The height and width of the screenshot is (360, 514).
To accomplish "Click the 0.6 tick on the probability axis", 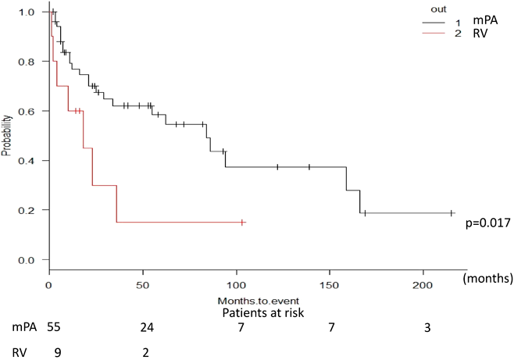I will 28,111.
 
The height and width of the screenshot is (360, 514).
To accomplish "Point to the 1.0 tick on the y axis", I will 28,12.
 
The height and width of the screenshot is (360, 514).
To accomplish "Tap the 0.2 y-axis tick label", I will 28,210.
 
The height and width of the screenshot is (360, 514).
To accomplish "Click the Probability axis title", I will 7,136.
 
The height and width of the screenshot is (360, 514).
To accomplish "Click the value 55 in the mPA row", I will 54,328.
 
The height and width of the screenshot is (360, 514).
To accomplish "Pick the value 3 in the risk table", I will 427,328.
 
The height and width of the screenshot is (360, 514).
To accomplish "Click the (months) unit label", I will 487,277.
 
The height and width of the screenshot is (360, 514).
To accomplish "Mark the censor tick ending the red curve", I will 243,223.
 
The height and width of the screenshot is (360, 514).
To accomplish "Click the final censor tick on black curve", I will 452,213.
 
